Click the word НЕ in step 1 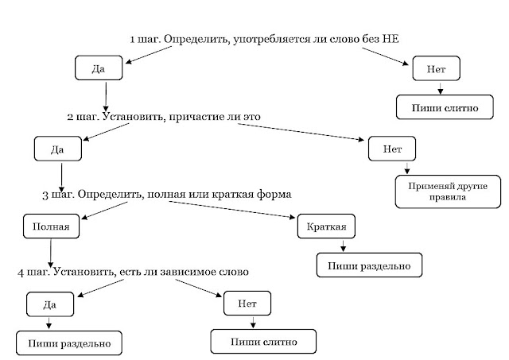click(x=387, y=39)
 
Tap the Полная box click(x=51, y=226)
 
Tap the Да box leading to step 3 click(x=57, y=148)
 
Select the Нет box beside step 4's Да click(x=246, y=304)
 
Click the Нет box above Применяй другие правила click(x=391, y=148)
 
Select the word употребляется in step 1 click(x=266, y=39)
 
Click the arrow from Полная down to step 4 click(x=50, y=250)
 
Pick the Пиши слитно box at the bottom click(x=263, y=342)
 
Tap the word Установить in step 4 click(x=83, y=272)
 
